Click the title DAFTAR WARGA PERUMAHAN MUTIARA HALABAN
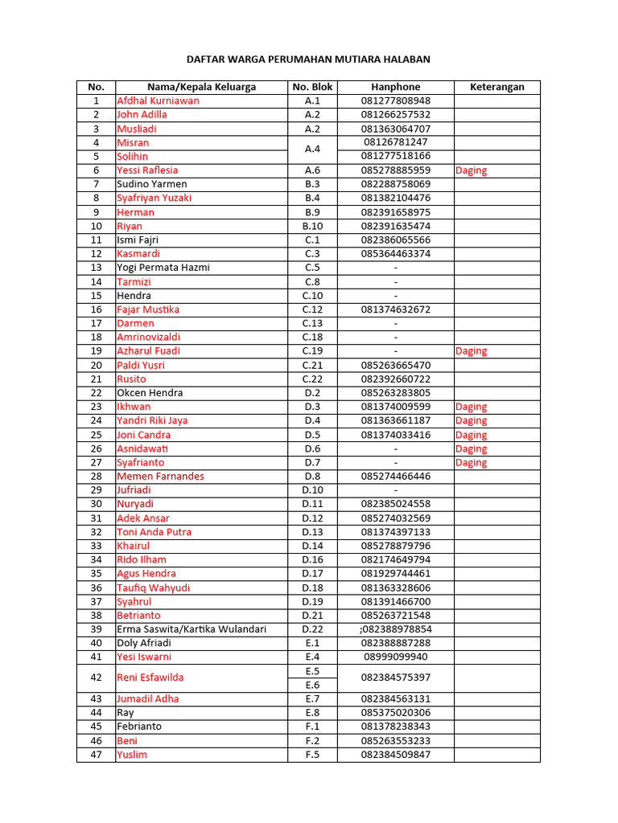[308, 59]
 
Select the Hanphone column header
[395, 87]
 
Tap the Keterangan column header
[496, 87]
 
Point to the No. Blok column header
[312, 87]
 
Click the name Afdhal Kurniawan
[159, 100]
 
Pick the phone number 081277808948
[395, 100]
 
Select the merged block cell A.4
[312, 149]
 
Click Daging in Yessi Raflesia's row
[471, 170]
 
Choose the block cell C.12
[312, 309]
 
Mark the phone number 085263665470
[395, 365]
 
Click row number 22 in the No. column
[97, 393]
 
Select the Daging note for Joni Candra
[471, 435]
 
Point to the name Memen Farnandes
[161, 477]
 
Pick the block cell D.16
[312, 559]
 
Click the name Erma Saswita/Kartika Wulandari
[192, 629]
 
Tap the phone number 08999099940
[395, 657]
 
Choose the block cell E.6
[312, 685]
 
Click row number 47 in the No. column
[97, 755]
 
